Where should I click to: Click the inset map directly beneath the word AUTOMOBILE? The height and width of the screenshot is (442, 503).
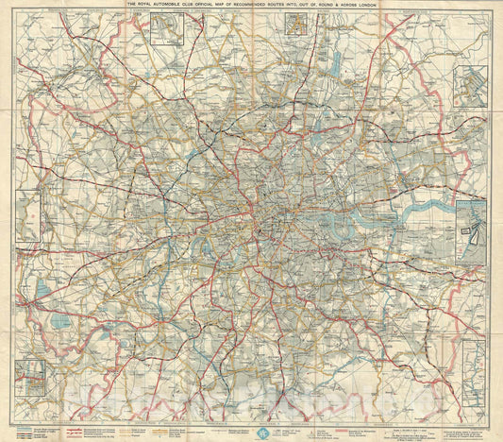pyautogui.click(x=168, y=29)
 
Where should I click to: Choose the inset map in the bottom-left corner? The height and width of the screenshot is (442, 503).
pyautogui.click(x=30, y=377)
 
